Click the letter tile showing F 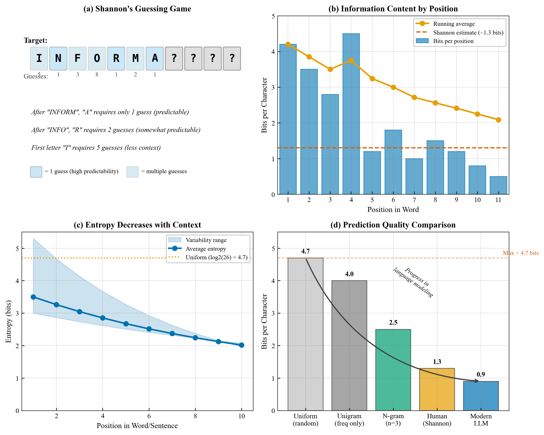point(77,58)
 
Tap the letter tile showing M point(135,58)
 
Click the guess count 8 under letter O point(97,75)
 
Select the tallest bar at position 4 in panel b point(351,114)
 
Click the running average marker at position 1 point(288,44)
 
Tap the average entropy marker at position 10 point(242,345)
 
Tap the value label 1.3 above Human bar point(437,362)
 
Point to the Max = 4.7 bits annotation point(520,253)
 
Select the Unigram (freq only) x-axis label point(349,420)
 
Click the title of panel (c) point(137,225)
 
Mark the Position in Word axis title point(393,210)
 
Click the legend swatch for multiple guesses point(133,172)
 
